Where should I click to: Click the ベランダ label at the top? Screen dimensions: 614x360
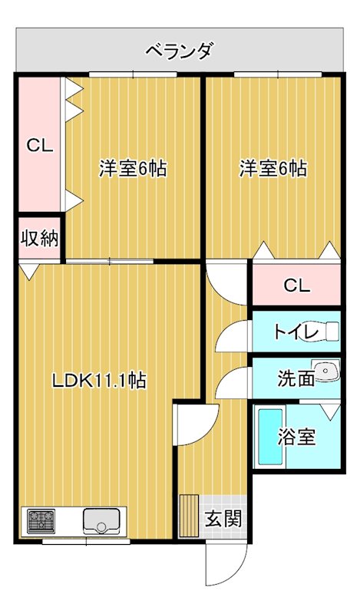(179, 51)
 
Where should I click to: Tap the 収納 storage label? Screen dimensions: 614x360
(39, 238)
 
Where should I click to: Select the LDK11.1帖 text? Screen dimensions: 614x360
(99, 379)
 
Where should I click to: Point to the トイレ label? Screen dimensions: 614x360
(296, 332)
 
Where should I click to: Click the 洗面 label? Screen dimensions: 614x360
(296, 378)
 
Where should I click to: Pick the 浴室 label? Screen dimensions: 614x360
(296, 437)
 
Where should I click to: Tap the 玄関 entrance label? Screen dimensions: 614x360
(223, 518)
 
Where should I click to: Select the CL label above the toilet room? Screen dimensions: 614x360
(296, 286)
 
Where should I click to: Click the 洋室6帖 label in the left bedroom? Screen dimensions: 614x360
(132, 169)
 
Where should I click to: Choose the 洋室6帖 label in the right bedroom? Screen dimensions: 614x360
(272, 169)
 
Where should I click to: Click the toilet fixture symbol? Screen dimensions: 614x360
(329, 331)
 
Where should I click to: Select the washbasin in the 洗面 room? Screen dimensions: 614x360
(328, 371)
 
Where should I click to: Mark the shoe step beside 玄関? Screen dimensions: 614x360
(189, 511)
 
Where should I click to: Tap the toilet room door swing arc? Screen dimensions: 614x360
(230, 335)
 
